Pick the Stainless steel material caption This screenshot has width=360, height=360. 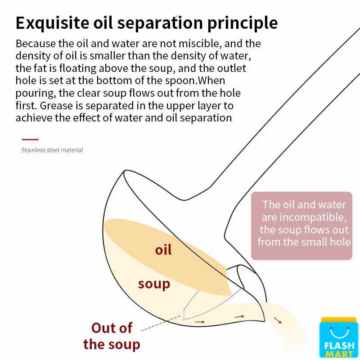[x=52, y=150]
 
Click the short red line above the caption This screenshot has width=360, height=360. [x=30, y=139]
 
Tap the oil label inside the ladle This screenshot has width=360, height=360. [x=163, y=250]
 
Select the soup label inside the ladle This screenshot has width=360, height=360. [x=154, y=284]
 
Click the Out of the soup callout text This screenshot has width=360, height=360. [x=112, y=336]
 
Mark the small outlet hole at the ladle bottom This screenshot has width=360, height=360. [x=184, y=314]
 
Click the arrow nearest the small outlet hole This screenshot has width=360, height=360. [x=199, y=322]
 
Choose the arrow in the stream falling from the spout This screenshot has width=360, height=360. [x=278, y=321]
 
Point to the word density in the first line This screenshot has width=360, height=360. [x=31, y=56]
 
